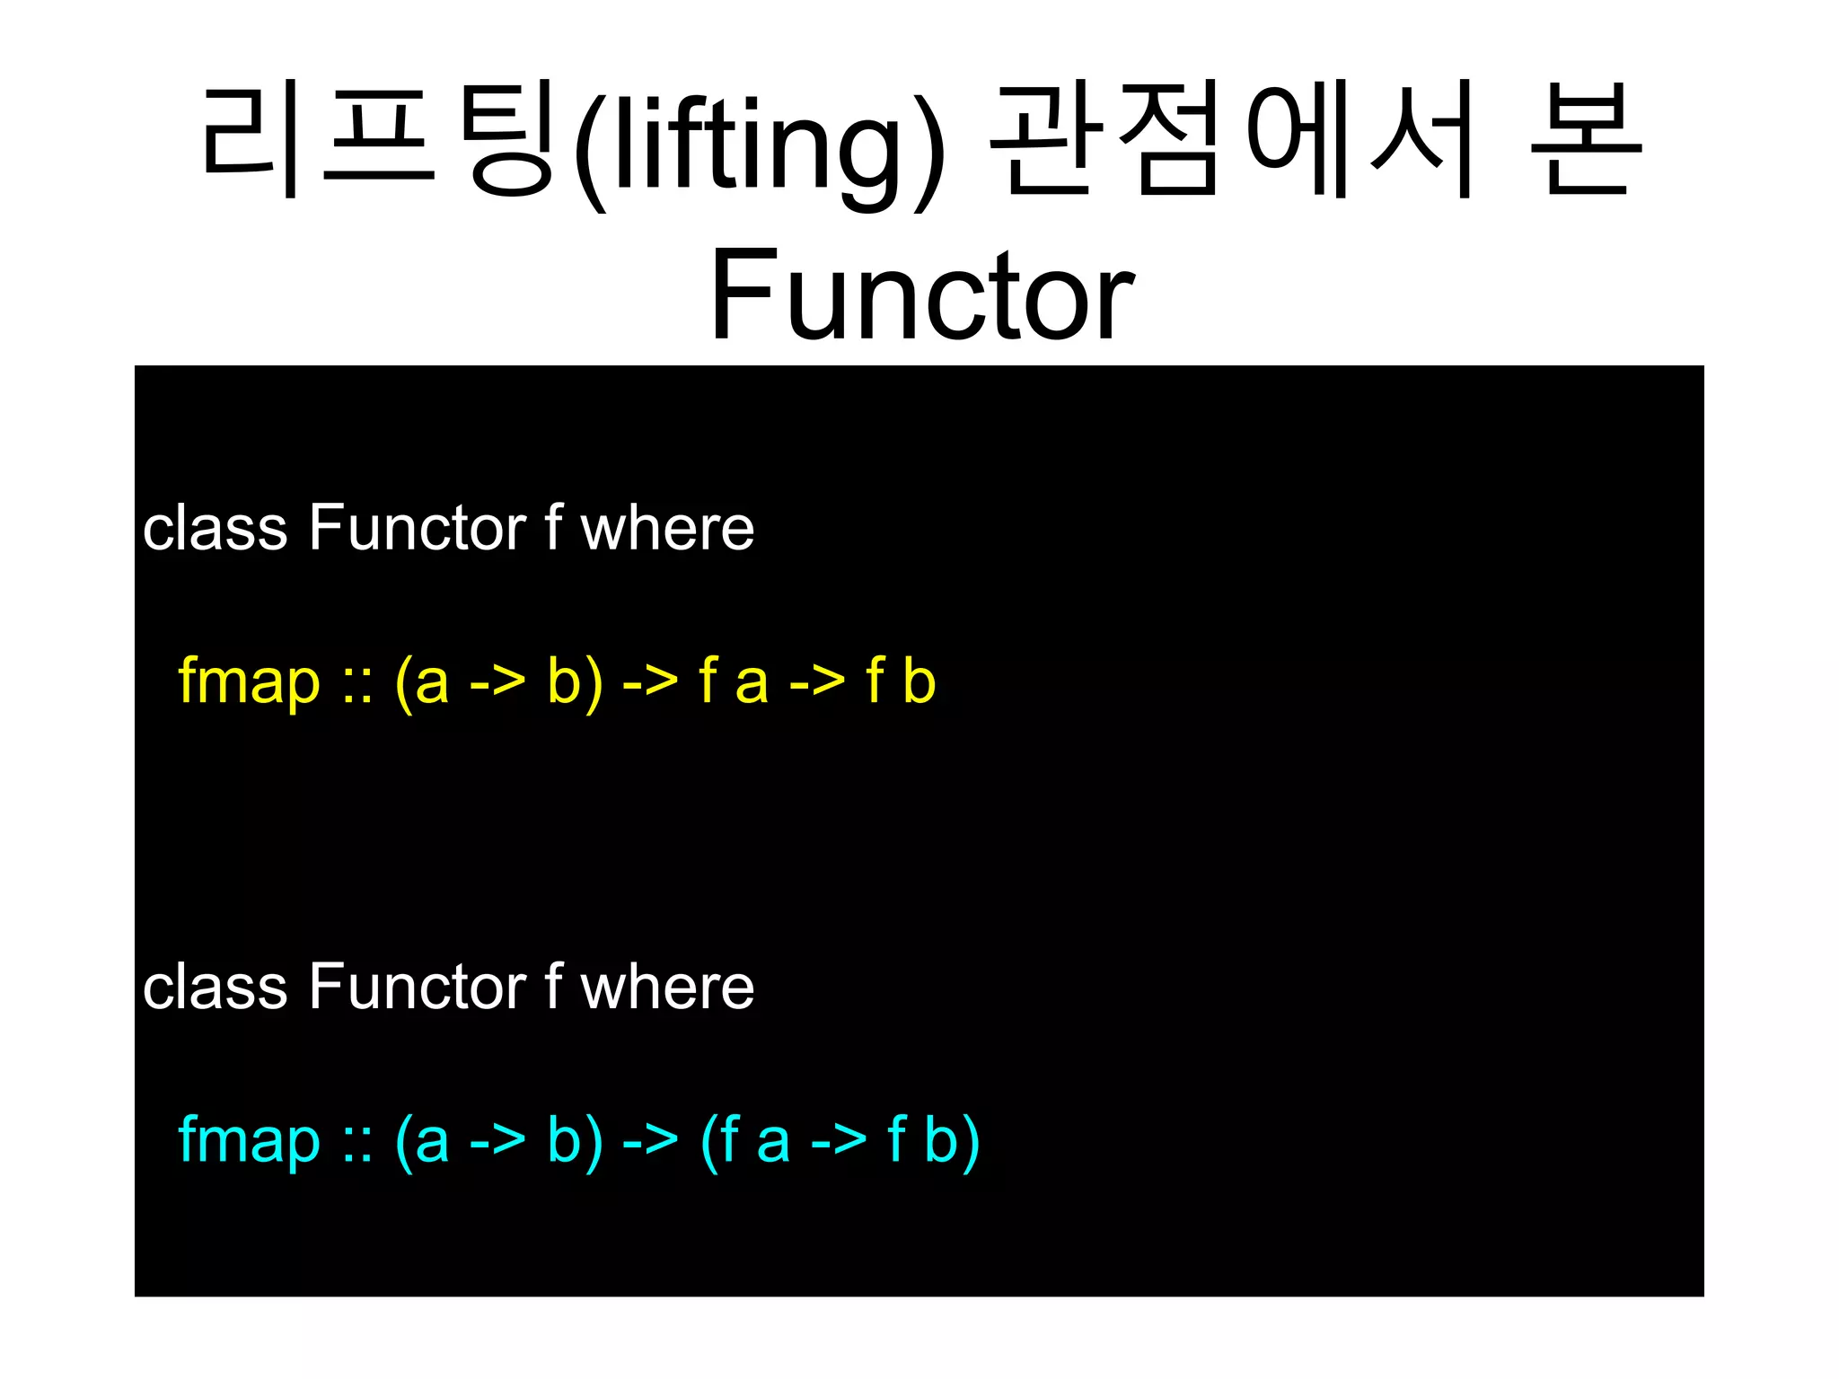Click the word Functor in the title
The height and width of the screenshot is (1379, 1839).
[922, 294]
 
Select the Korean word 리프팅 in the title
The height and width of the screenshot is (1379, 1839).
[377, 139]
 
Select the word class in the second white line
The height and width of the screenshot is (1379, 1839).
[215, 987]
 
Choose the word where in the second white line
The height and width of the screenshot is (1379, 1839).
[667, 987]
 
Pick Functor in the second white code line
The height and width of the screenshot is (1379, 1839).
[418, 987]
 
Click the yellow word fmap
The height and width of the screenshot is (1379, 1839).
[249, 681]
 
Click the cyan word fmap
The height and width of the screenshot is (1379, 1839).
[249, 1141]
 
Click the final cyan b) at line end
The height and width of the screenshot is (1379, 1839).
[952, 1141]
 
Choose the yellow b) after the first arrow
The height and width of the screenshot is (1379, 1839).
[575, 682]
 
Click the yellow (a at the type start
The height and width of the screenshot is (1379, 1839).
[421, 682]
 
